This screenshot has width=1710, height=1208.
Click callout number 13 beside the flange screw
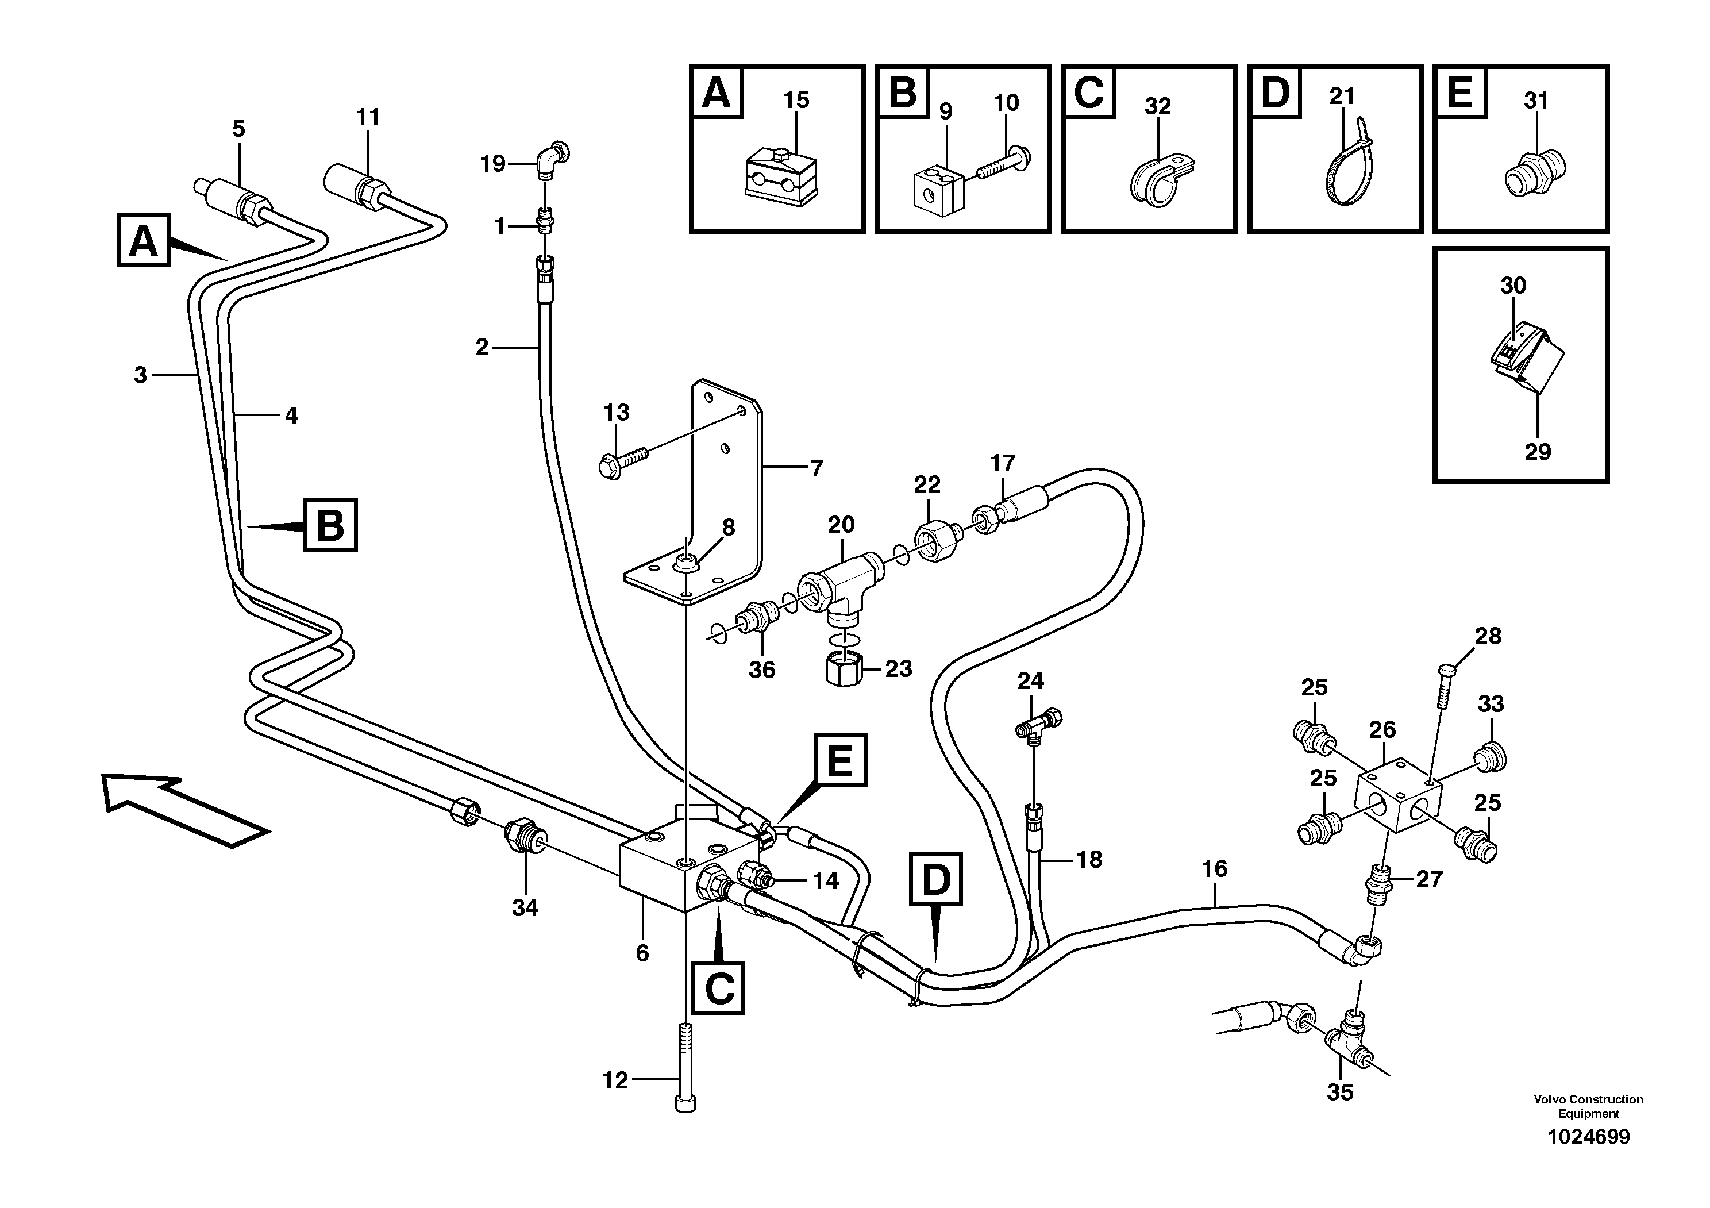(x=616, y=412)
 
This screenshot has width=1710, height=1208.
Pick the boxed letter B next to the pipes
(x=330, y=525)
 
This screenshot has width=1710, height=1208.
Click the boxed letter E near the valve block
(x=840, y=760)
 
